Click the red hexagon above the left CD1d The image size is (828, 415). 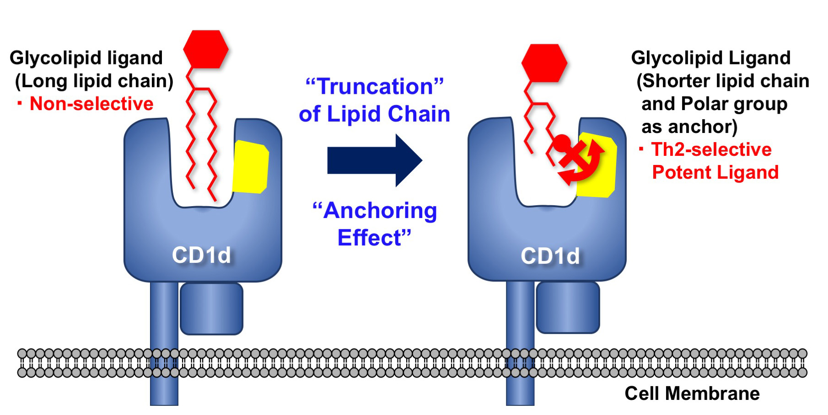tap(206, 49)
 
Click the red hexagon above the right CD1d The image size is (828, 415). tap(544, 63)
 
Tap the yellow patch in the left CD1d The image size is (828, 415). tap(250, 167)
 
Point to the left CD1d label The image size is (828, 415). tap(201, 255)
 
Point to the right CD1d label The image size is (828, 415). tap(550, 256)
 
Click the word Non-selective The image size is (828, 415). tap(91, 104)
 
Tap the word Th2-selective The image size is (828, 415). tap(711, 149)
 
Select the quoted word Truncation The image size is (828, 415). tap(375, 86)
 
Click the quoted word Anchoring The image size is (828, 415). tap(375, 211)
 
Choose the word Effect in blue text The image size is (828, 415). tap(370, 238)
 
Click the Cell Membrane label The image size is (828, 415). tap(692, 394)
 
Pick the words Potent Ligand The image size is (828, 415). tap(715, 172)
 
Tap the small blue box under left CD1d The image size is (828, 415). tap(211, 309)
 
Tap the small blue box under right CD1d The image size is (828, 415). tap(567, 307)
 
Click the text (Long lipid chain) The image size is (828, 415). tap(94, 81)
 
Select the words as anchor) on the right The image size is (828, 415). tap(689, 127)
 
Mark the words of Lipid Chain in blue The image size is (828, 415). tap(374, 114)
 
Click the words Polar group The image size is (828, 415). tap(734, 104)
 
